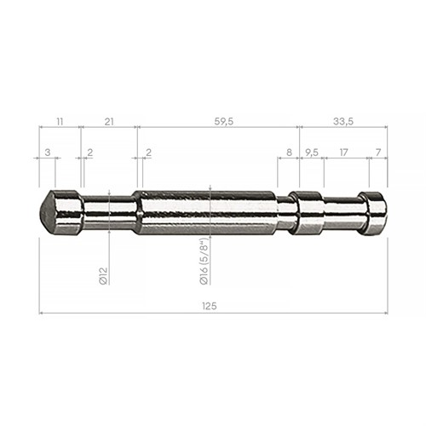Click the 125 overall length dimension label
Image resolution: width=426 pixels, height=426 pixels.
[210, 306]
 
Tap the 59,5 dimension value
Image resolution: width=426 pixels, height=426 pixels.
[224, 122]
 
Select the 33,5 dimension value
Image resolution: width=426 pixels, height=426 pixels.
[343, 122]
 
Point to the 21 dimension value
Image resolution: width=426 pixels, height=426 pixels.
[109, 122]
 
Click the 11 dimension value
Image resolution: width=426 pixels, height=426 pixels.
[60, 122]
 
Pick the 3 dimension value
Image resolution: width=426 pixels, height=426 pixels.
[48, 153]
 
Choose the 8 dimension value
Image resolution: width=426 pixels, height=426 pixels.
[289, 153]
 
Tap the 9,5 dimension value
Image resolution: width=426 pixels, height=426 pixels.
[312, 153]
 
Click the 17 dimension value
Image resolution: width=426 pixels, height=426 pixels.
[343, 153]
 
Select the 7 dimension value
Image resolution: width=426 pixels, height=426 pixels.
[378, 153]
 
